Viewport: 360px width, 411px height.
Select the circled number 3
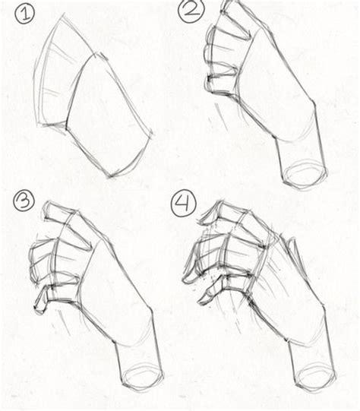click(24, 201)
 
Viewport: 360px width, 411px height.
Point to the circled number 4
click(184, 203)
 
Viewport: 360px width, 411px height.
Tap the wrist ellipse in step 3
click(142, 375)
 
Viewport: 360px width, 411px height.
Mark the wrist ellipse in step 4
click(314, 375)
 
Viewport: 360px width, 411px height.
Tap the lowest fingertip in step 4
click(203, 301)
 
